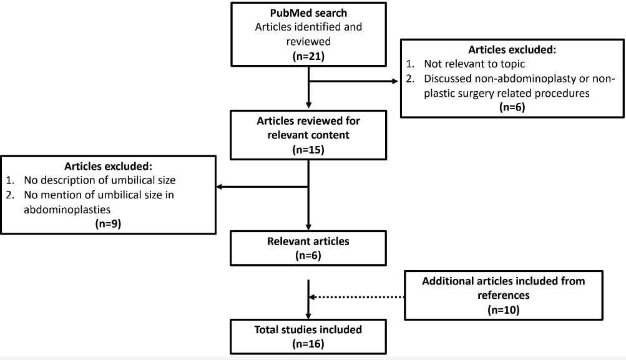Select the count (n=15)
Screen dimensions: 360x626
point(309,150)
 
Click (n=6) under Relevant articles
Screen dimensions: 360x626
point(309,255)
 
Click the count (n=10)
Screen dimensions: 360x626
point(503,309)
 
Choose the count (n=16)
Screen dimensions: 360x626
point(309,343)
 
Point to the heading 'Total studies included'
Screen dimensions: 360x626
point(309,329)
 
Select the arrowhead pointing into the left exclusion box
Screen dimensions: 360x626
point(219,186)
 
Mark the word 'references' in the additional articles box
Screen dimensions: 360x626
point(503,294)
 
